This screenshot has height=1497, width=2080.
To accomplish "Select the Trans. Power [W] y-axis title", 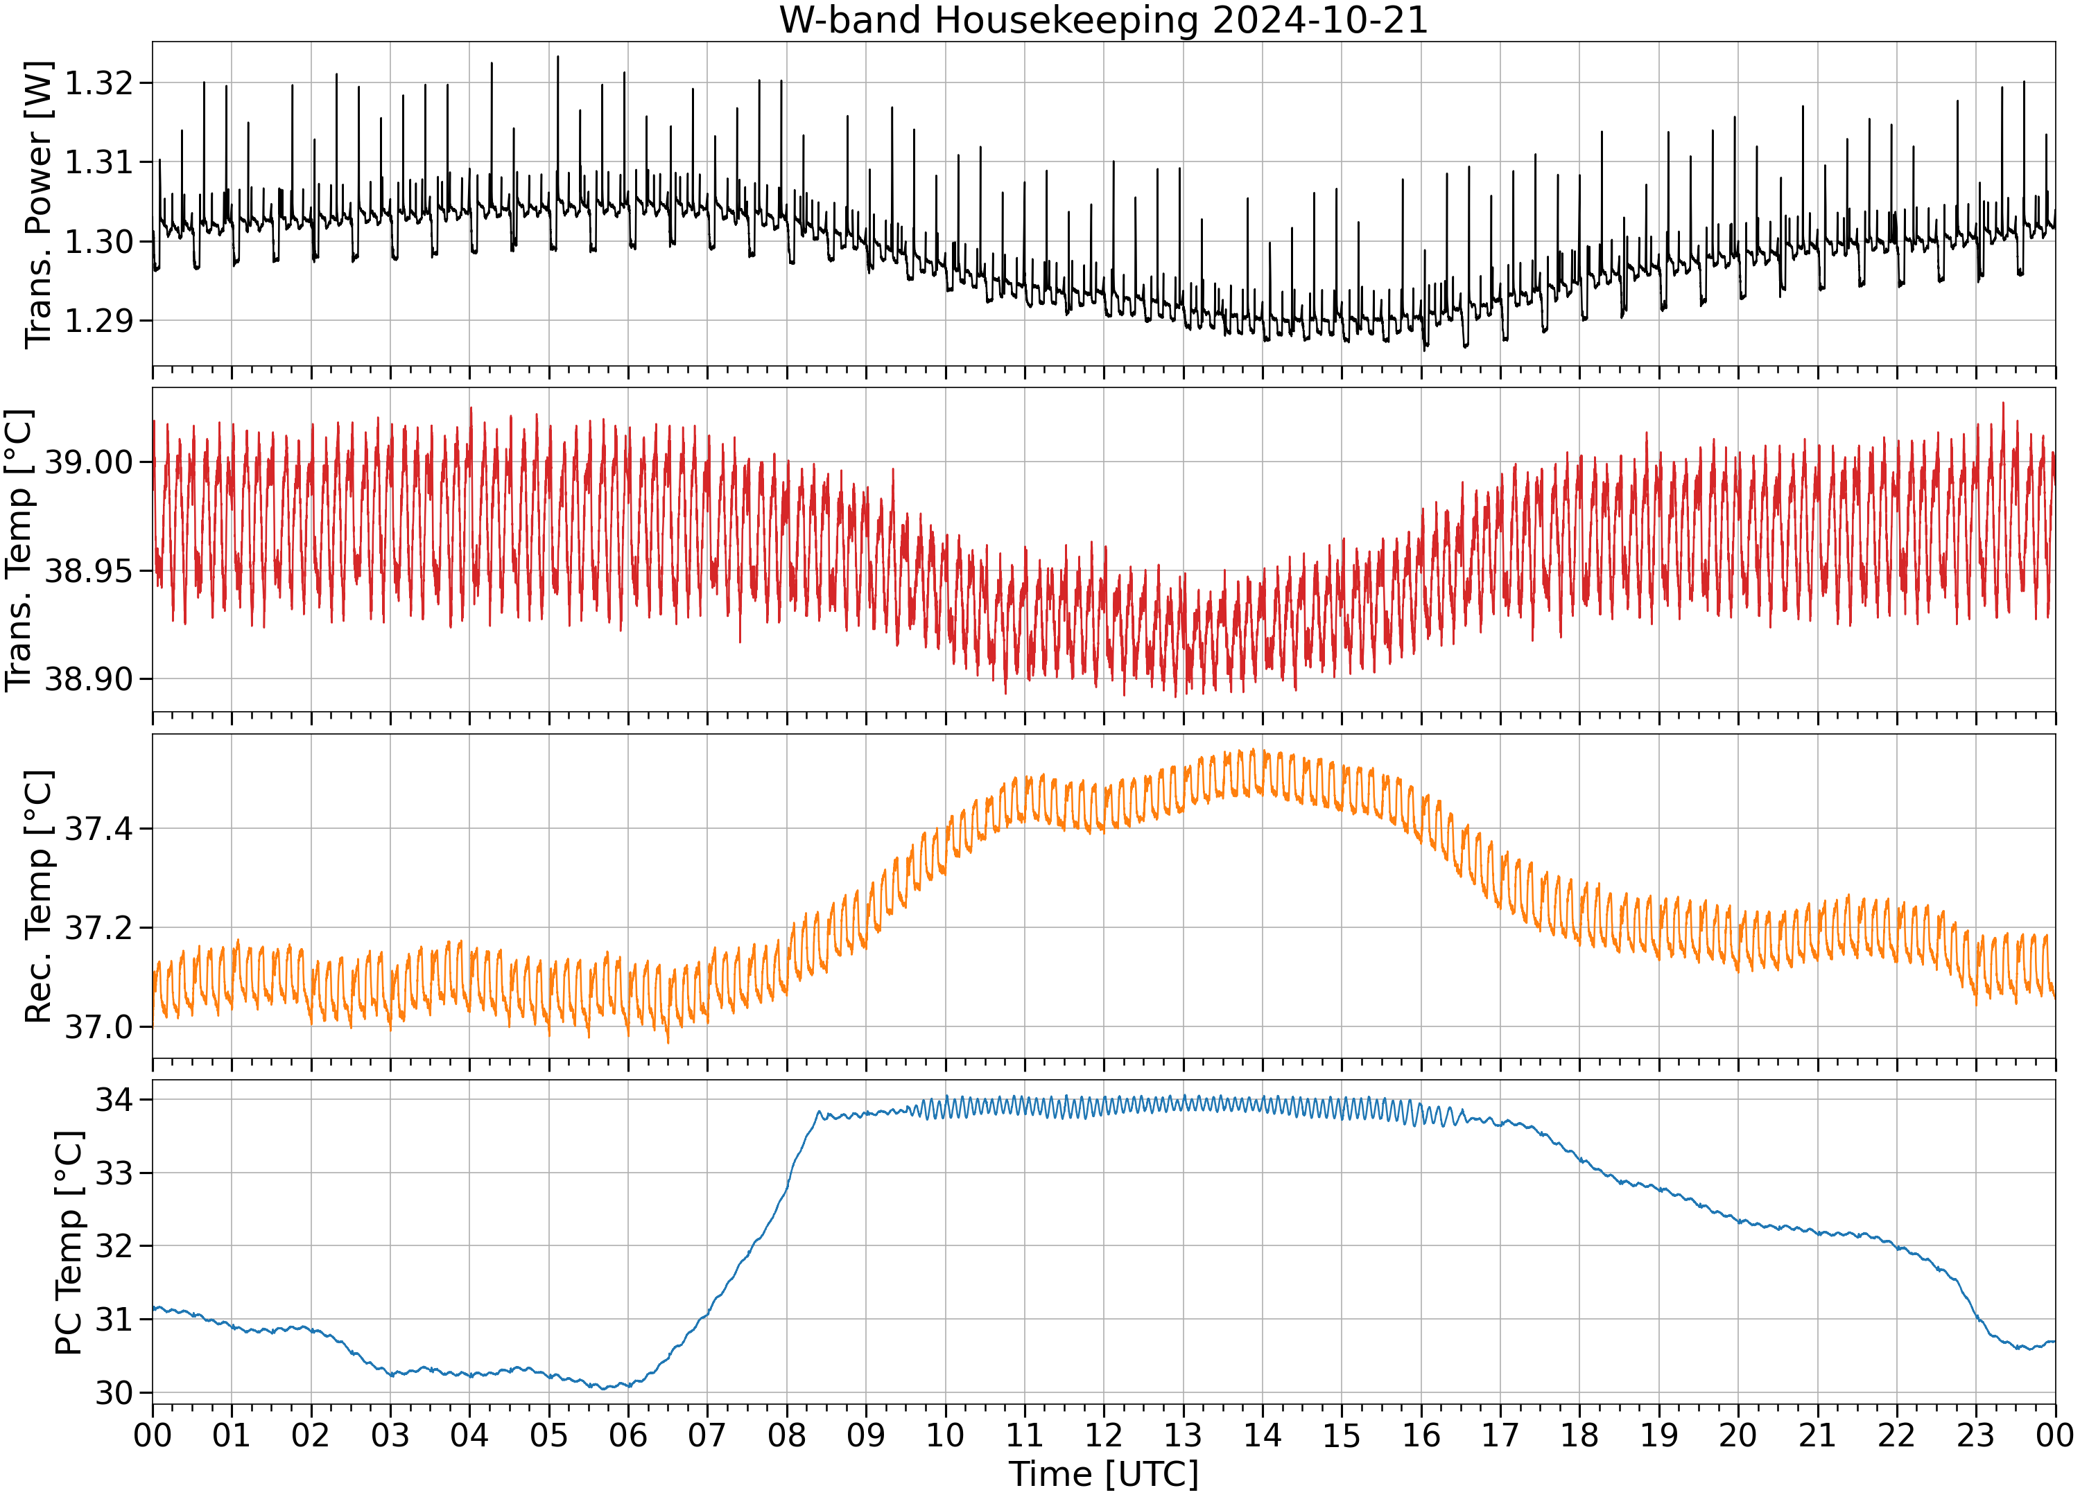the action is [39, 204].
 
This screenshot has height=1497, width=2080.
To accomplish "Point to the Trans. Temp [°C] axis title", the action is [19, 550].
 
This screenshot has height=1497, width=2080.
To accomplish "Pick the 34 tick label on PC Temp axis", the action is [114, 1099].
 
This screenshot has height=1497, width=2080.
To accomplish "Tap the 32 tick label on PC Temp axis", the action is [114, 1246].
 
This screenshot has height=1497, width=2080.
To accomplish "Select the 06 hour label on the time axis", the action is [628, 1435].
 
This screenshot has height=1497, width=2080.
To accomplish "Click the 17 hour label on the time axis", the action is [1500, 1435].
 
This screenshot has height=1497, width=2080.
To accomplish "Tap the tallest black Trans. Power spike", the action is [557, 57].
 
